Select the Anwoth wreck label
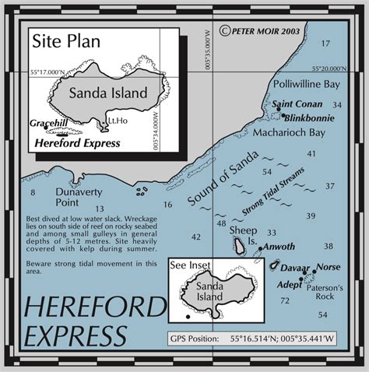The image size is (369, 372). point(279,247)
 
